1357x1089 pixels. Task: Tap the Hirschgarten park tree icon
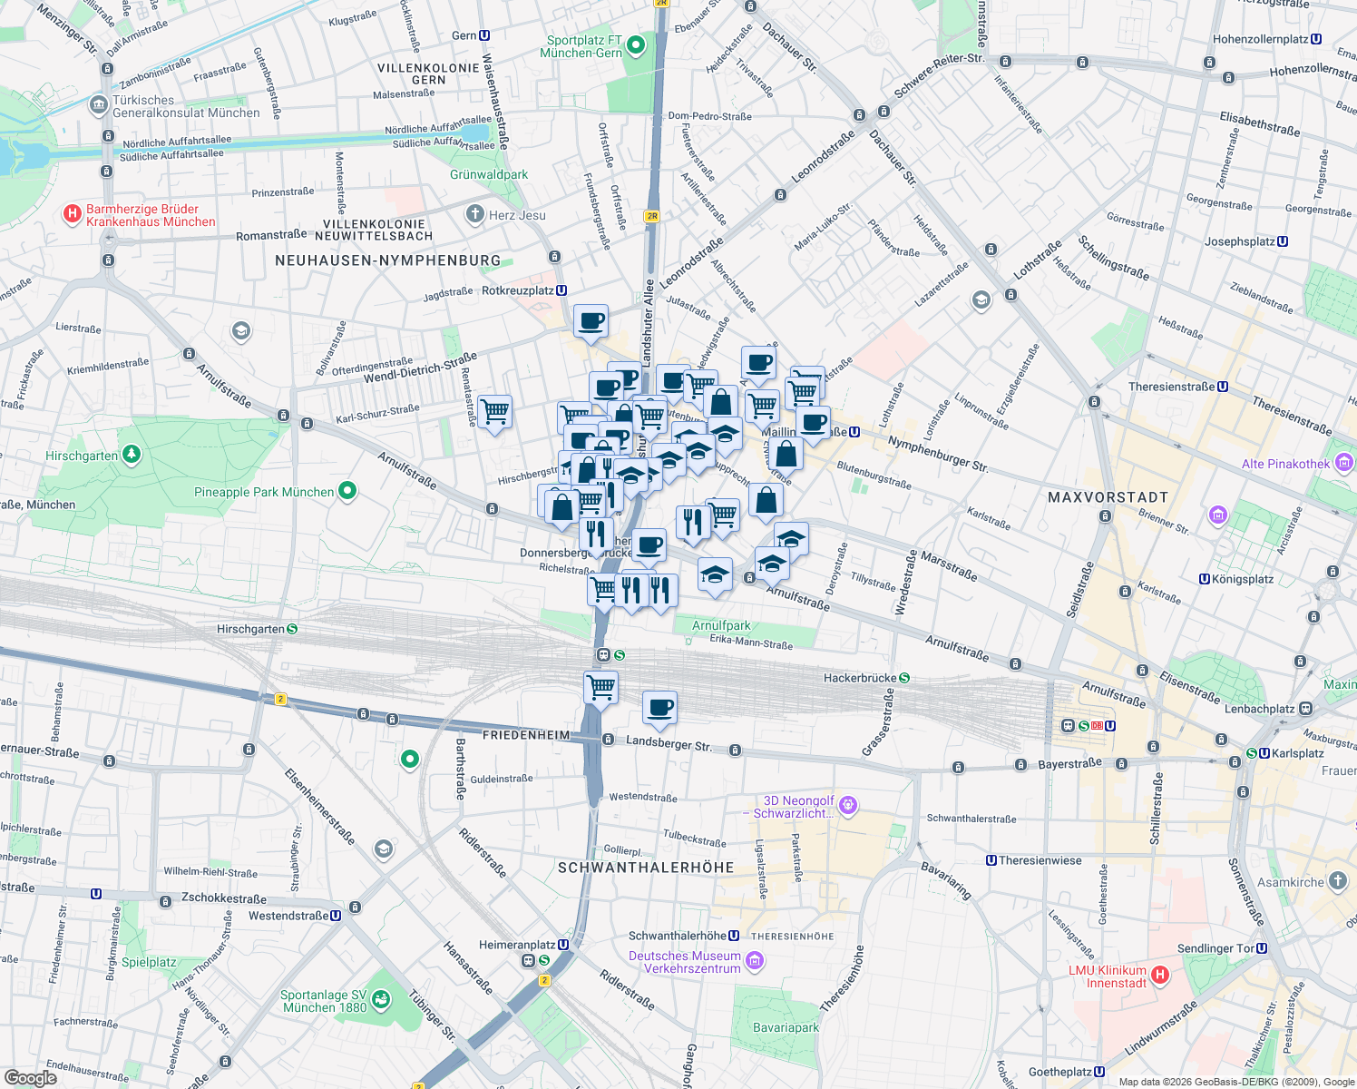click(x=132, y=454)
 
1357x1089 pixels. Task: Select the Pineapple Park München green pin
click(x=347, y=491)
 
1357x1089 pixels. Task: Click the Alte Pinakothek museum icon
click(x=1343, y=464)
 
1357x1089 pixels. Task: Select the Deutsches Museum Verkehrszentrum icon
click(x=754, y=960)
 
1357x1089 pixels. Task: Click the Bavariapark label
click(x=786, y=1027)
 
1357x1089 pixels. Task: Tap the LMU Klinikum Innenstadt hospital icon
click(x=1158, y=976)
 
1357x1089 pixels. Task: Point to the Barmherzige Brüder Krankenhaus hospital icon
click(x=72, y=214)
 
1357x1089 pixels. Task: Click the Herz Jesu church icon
click(x=474, y=214)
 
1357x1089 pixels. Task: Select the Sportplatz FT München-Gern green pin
click(x=636, y=44)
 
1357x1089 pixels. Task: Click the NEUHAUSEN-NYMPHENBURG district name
click(x=387, y=260)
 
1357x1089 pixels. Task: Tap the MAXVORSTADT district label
click(x=1108, y=497)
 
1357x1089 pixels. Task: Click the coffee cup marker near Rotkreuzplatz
click(x=591, y=321)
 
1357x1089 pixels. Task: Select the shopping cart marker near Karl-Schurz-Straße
click(x=494, y=412)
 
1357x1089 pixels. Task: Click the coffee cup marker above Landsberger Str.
click(x=659, y=708)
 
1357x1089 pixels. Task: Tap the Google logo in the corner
click(x=30, y=1078)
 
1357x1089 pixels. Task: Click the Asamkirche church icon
click(x=1338, y=881)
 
